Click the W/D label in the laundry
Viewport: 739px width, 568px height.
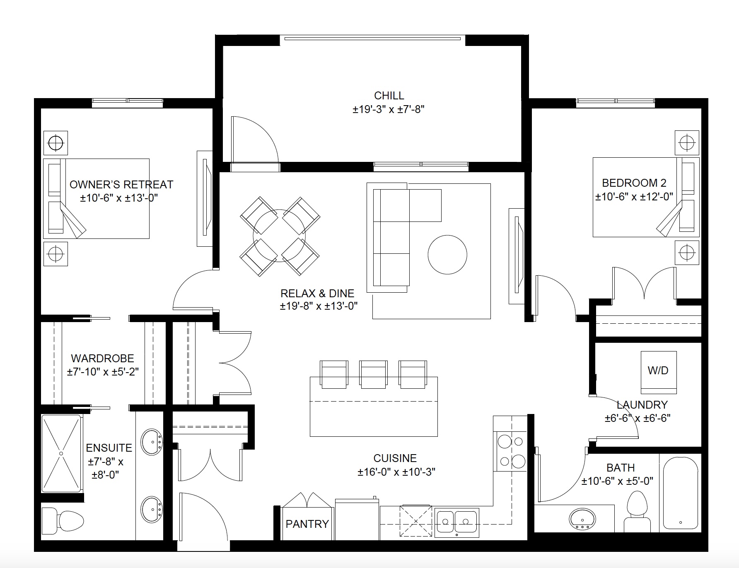(x=658, y=371)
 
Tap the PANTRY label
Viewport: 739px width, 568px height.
(x=307, y=524)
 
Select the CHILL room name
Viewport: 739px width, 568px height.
(x=389, y=96)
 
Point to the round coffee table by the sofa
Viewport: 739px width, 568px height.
(x=447, y=255)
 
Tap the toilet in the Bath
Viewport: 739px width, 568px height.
(x=637, y=511)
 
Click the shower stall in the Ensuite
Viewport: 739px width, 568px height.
(x=61, y=453)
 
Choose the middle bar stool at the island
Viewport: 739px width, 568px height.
(x=373, y=374)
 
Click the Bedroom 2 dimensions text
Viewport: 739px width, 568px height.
(x=634, y=197)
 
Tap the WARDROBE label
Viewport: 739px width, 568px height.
(x=102, y=358)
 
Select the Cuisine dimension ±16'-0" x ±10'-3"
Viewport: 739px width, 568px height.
(x=396, y=472)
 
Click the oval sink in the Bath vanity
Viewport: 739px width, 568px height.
(x=582, y=518)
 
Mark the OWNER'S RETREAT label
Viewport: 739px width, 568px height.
(x=121, y=184)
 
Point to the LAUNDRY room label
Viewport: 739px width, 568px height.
(x=642, y=404)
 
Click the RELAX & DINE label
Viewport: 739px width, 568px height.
(x=317, y=294)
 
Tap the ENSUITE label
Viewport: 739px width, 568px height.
(x=109, y=448)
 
